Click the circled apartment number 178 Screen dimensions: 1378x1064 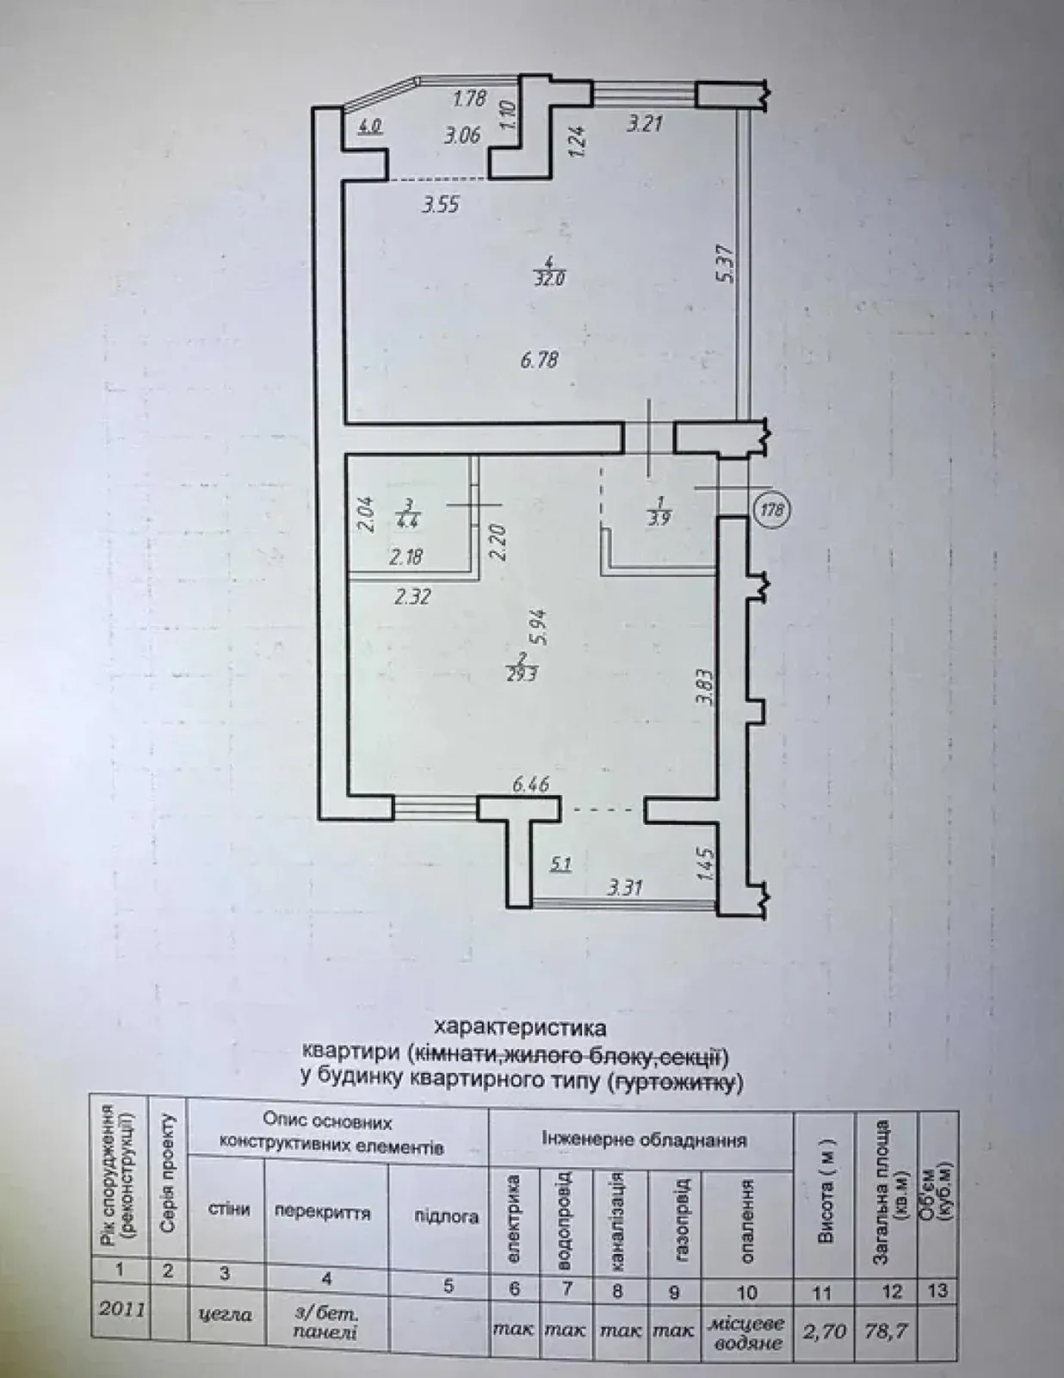[771, 509]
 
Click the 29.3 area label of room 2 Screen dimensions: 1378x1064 [522, 675]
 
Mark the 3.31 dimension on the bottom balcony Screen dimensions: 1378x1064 [624, 886]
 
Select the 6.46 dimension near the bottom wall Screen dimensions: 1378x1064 [530, 785]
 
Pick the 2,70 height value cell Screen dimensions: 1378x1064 [822, 1331]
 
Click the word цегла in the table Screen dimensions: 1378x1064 [226, 1314]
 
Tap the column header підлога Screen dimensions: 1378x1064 [447, 1217]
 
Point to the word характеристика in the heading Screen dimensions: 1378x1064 [520, 1027]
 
